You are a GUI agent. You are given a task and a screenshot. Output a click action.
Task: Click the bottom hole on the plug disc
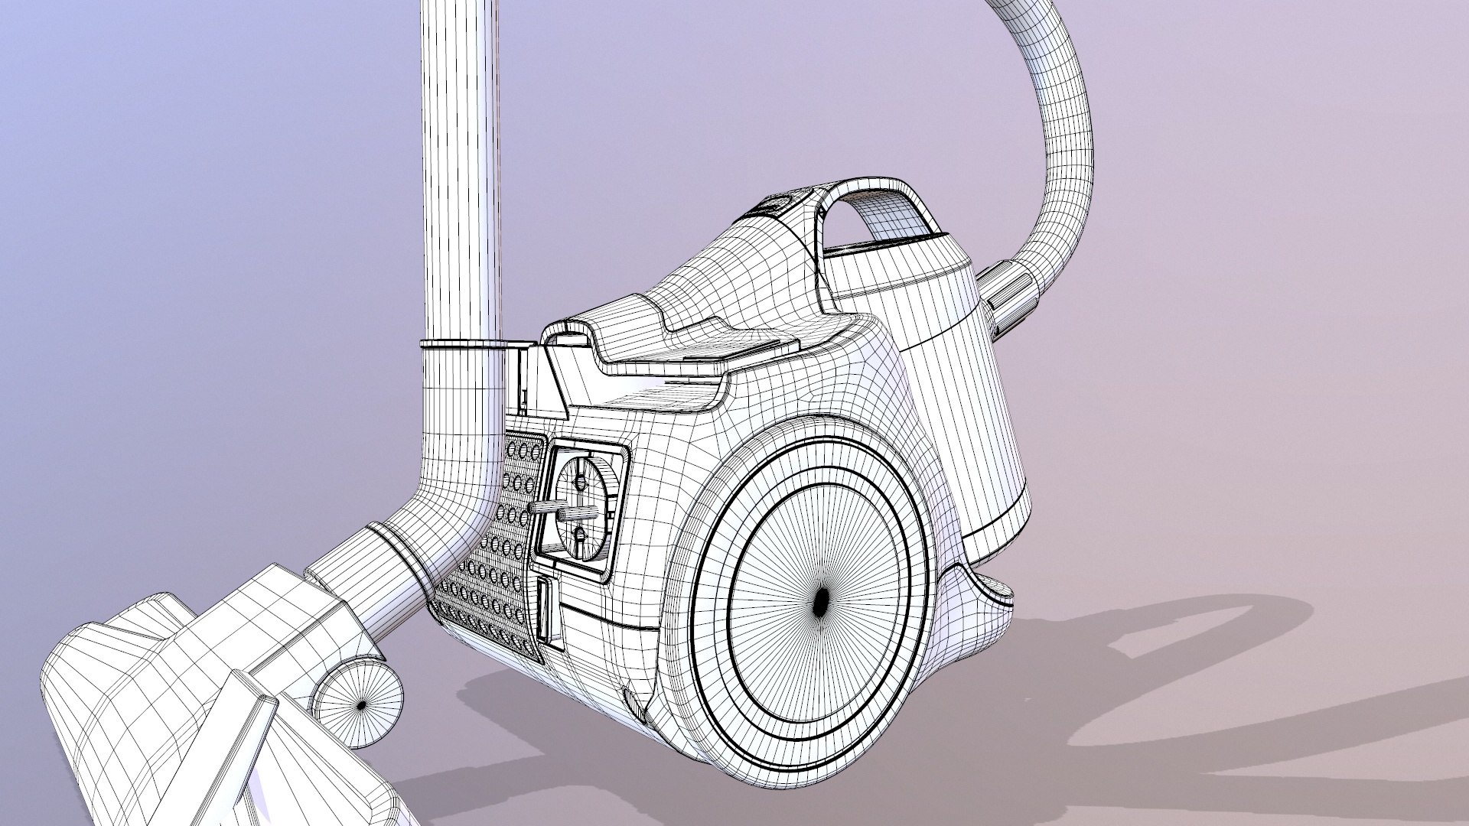click(579, 533)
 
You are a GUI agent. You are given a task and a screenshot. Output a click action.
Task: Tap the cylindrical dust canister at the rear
click(964, 398)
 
